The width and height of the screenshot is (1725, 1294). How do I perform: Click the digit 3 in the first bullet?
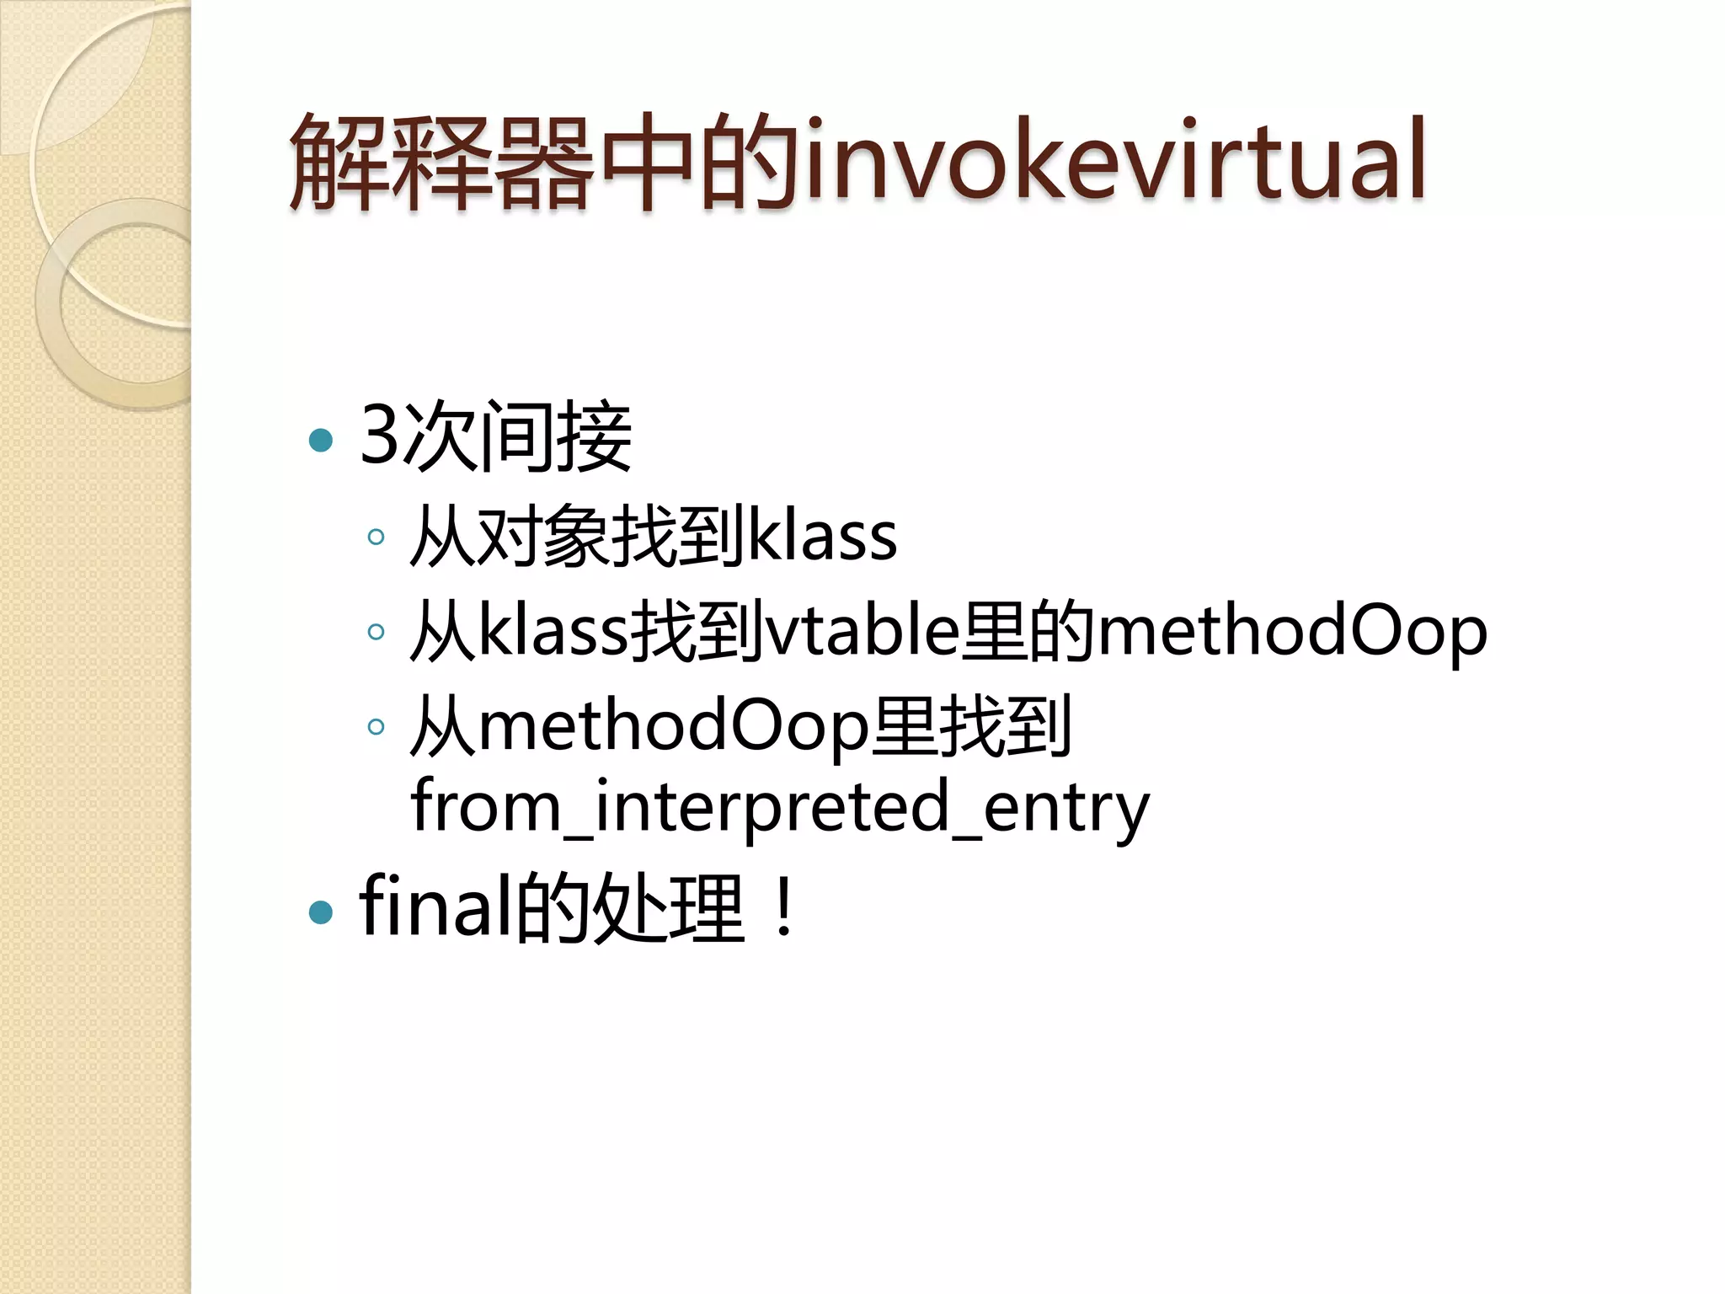[380, 436]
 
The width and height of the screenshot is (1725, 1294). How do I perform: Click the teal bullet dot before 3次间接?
[321, 440]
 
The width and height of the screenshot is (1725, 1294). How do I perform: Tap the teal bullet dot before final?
[321, 912]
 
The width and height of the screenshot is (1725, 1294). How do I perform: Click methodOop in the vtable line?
[1292, 631]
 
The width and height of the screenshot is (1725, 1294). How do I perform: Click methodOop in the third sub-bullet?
[674, 725]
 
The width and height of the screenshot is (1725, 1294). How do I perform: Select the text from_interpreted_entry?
[779, 806]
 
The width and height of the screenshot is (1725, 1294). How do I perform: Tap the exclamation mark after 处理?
[784, 908]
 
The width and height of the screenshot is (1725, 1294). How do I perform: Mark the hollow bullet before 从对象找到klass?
[376, 537]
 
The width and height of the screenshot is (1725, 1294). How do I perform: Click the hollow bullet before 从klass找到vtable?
[376, 631]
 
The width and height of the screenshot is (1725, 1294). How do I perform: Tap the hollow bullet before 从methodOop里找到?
[376, 725]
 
